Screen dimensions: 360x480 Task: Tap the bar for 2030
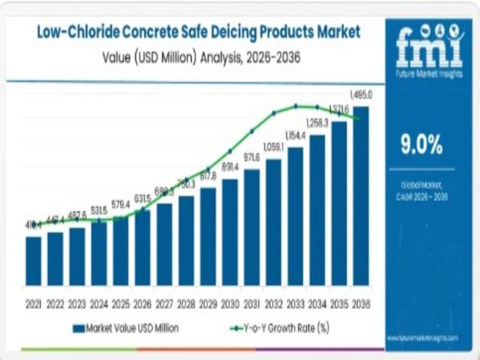coord(230,232)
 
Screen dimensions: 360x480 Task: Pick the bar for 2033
coord(295,216)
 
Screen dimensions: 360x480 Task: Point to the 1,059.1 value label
coord(274,147)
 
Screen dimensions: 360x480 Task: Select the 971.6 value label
coord(252,157)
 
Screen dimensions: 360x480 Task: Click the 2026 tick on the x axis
coord(143,305)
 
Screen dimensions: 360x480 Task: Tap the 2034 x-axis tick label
coord(317,305)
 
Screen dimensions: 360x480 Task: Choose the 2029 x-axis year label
coord(208,305)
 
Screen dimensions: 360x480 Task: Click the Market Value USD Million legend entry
coord(126,328)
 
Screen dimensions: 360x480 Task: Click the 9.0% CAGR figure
coord(422,145)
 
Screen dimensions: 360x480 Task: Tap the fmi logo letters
coord(429,48)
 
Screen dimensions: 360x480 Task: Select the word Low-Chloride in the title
coord(73,32)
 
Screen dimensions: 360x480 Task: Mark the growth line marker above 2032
coord(274,113)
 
